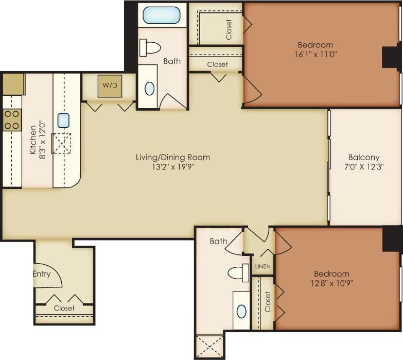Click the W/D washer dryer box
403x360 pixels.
110,86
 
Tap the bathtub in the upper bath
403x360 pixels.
162,15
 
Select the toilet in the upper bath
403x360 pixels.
151,48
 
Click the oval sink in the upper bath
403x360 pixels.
149,89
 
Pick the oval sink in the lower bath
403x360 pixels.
241,311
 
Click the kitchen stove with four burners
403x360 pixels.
12,120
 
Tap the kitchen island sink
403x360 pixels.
63,121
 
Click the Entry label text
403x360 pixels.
42,273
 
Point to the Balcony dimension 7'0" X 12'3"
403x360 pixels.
364,166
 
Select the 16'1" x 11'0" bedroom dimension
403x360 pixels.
316,54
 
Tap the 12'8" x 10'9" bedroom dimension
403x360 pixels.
331,283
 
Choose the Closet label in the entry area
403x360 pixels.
64,308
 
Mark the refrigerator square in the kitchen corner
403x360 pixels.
14,84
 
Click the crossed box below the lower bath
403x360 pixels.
210,346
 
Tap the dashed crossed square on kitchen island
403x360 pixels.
62,143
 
